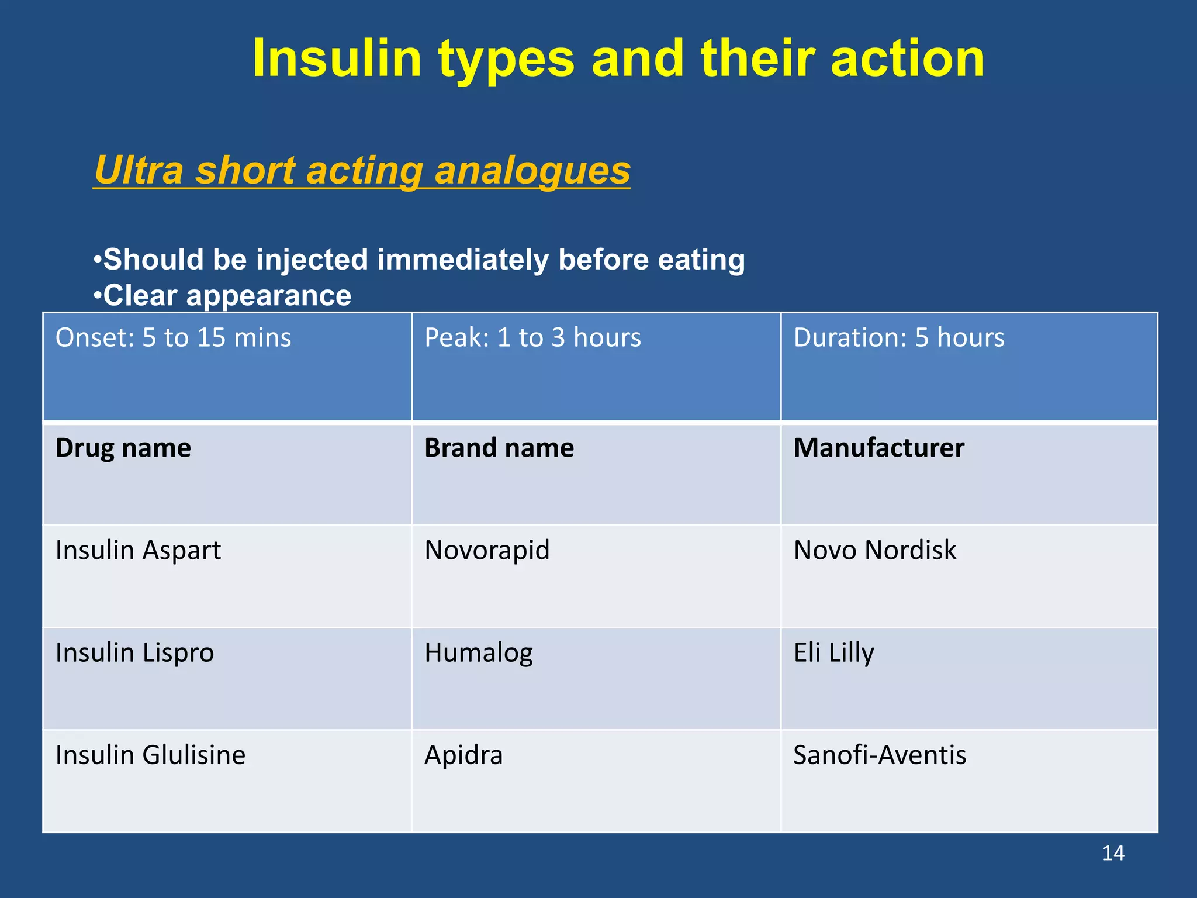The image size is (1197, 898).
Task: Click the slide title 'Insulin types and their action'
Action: (x=618, y=58)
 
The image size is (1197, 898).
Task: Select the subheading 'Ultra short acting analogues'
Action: (x=362, y=170)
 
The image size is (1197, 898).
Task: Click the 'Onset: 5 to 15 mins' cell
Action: (x=173, y=338)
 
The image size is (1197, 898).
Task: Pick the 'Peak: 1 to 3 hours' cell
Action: (x=532, y=338)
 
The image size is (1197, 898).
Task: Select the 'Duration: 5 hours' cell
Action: (x=899, y=338)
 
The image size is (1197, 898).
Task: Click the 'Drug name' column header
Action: (x=123, y=448)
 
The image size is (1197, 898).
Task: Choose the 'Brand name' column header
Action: (x=499, y=448)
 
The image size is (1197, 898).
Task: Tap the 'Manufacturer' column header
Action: (x=878, y=448)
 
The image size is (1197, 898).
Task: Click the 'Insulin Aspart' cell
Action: (x=138, y=551)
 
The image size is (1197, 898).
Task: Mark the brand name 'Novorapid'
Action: (x=487, y=551)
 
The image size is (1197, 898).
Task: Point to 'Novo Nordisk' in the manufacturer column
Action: (x=874, y=551)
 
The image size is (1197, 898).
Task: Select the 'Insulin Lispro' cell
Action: (x=134, y=653)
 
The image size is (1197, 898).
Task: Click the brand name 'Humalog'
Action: (x=479, y=653)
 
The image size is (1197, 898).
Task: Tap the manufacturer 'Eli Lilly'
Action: (x=833, y=653)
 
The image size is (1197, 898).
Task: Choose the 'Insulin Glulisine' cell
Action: (x=150, y=755)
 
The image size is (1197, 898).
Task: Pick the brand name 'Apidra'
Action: (x=463, y=755)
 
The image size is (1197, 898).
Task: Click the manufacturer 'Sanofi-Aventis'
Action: (x=880, y=755)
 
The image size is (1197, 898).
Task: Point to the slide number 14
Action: (x=1113, y=854)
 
